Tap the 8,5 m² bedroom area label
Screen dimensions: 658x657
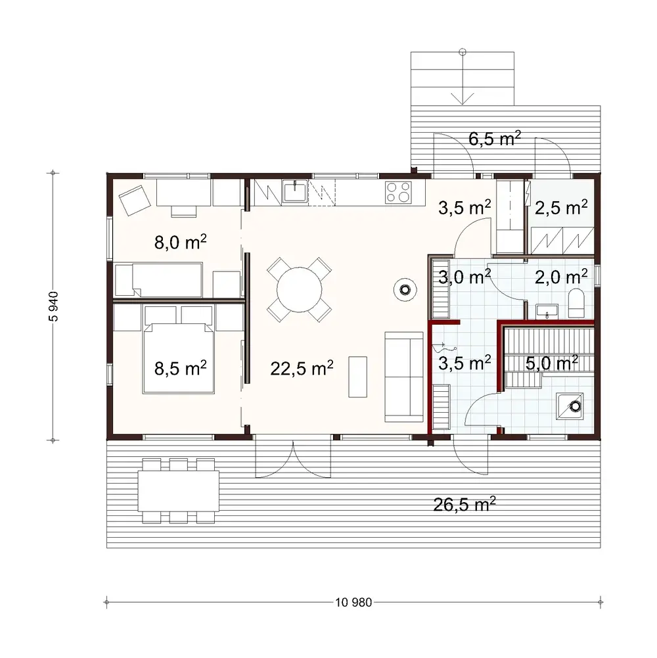[181, 367]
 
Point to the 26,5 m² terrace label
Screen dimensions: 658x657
[464, 504]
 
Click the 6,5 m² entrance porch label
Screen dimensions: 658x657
[495, 138]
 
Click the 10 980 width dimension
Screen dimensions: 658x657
[353, 601]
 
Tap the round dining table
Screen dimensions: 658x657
[300, 288]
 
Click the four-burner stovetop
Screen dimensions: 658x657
[397, 191]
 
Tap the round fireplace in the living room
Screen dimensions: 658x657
[403, 288]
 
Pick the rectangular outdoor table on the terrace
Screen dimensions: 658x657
[178, 491]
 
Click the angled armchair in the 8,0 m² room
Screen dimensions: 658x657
[134, 199]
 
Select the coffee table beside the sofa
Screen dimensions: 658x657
[358, 377]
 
